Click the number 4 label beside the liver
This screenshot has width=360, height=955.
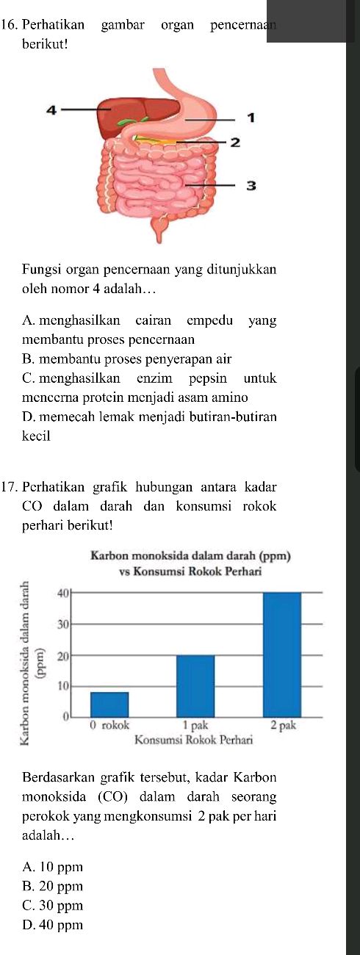coord(51,110)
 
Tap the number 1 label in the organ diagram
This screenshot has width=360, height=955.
coord(251,117)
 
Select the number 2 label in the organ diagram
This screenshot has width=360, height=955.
coord(236,142)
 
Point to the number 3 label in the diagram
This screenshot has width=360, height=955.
coord(251,185)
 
